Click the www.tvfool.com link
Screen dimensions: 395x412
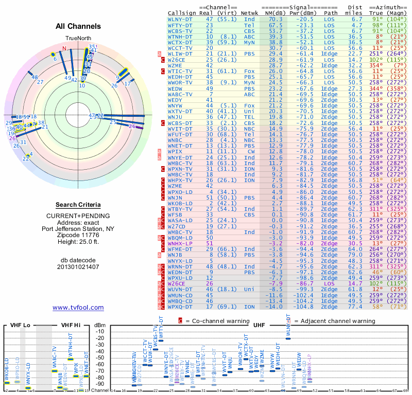click(78, 308)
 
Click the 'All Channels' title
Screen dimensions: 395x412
click(78, 26)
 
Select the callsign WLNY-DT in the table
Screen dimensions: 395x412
click(180, 19)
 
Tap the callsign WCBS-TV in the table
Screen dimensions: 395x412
click(180, 30)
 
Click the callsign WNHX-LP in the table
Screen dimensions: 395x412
click(180, 243)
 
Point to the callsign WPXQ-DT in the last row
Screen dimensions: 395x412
click(180, 307)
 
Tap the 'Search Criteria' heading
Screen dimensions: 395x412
click(78, 205)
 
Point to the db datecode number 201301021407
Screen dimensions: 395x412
click(78, 266)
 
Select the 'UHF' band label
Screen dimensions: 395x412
click(259, 325)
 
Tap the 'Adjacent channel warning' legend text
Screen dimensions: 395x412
click(331, 320)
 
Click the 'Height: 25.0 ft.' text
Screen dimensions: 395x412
click(78, 242)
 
